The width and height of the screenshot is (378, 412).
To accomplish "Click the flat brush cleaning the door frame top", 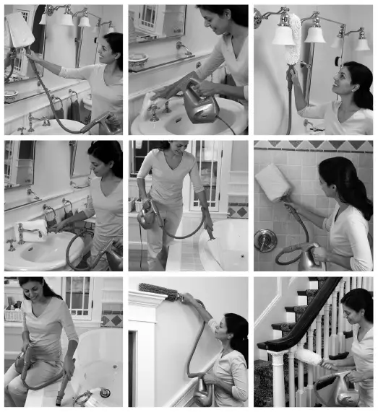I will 155,291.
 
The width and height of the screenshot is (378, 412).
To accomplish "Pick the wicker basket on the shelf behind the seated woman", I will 13,314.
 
